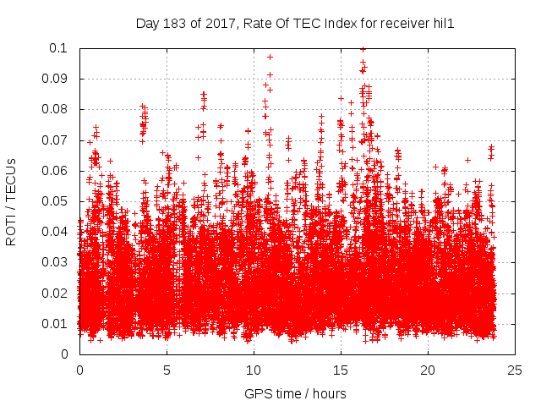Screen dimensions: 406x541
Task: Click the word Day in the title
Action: point(146,24)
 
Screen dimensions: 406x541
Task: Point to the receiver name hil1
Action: point(443,24)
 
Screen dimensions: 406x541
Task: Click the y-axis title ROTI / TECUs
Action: point(11,200)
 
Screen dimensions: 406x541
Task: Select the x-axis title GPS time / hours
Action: point(295,394)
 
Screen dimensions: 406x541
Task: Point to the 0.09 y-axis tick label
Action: point(57,79)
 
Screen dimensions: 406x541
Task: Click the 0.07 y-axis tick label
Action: point(57,140)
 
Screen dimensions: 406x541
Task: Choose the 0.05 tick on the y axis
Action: point(57,201)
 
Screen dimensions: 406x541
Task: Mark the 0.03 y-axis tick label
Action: point(57,263)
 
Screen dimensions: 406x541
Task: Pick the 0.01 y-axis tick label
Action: point(57,324)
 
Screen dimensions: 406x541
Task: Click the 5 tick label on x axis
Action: point(167,370)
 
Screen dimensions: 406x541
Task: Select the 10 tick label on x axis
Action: point(254,370)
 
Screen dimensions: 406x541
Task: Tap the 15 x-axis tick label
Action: point(341,370)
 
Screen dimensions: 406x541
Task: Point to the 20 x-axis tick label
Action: point(428,370)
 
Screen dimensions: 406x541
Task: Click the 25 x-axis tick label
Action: point(515,370)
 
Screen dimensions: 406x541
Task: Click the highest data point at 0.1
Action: point(363,49)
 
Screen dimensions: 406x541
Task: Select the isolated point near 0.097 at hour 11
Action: point(270,57)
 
